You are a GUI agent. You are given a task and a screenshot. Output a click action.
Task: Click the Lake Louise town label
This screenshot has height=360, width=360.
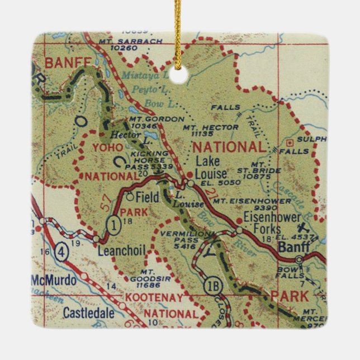pyautogui.click(x=211, y=167)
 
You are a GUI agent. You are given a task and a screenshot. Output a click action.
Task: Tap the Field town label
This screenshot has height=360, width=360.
pyautogui.click(x=148, y=197)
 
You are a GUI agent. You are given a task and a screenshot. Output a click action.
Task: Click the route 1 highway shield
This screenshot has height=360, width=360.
pyautogui.click(x=112, y=224)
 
